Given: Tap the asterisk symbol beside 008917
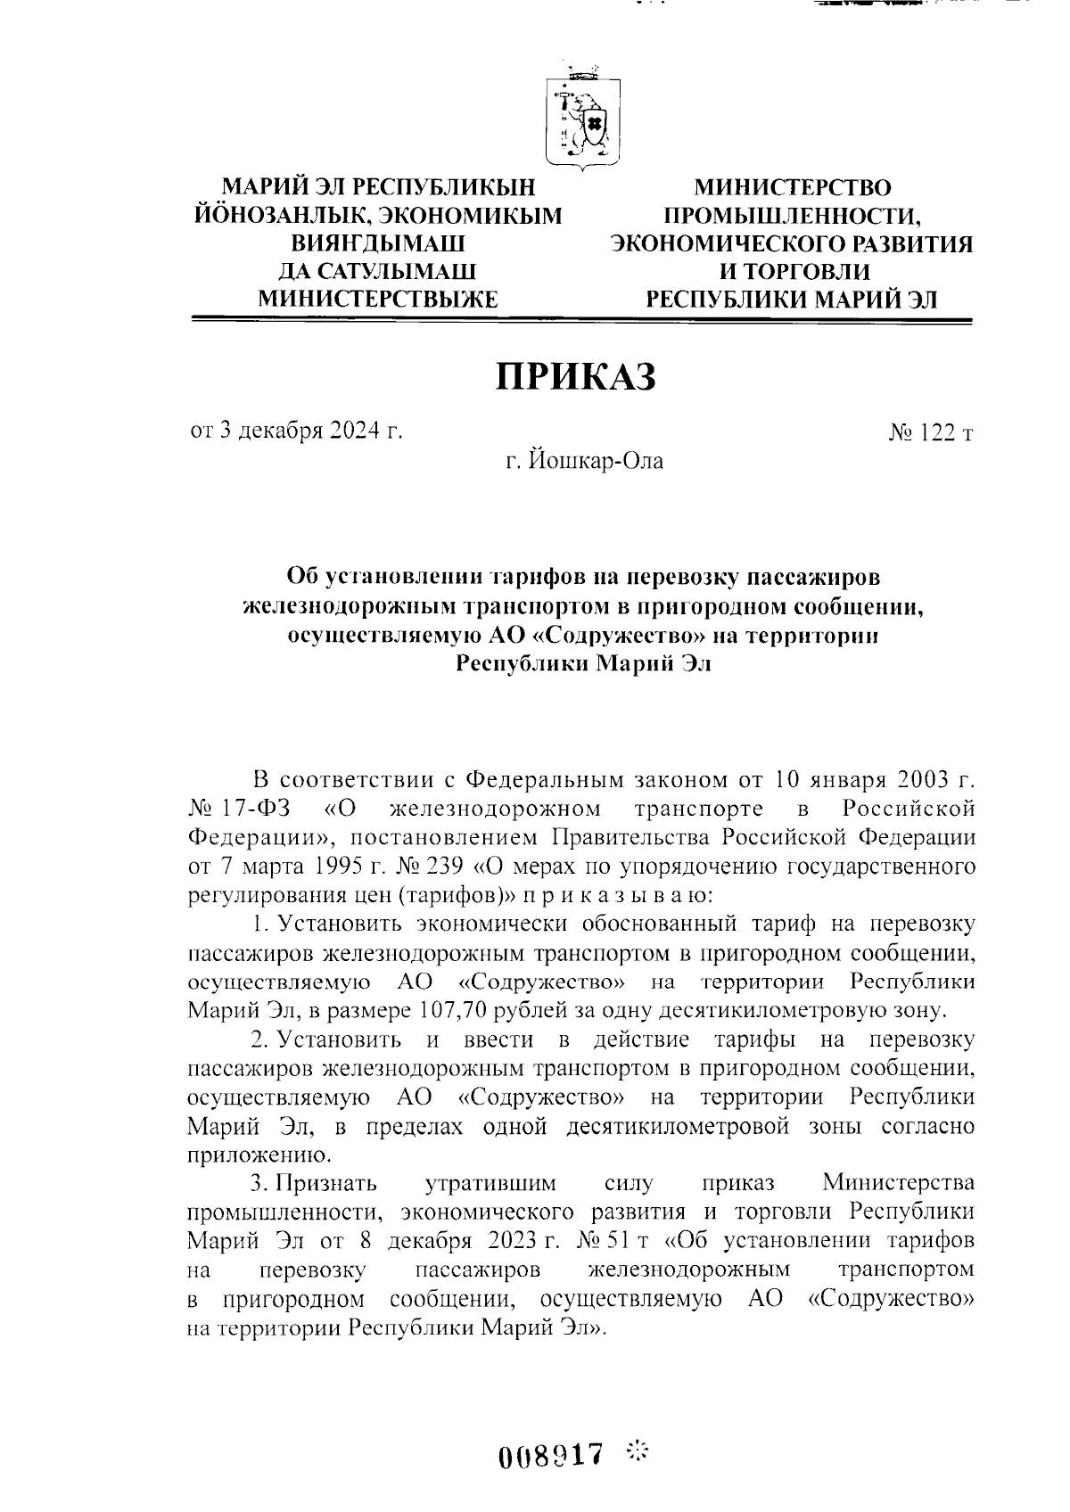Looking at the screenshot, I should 638,1451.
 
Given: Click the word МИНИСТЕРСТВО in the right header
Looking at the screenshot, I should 793,188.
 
